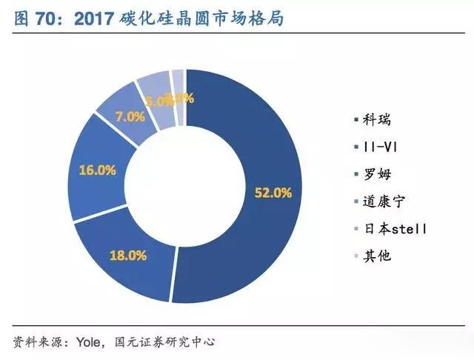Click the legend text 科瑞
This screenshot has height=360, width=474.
pyautogui.click(x=377, y=120)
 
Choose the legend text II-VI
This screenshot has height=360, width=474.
pyautogui.click(x=381, y=147)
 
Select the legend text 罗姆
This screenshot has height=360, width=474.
pyautogui.click(x=377, y=175)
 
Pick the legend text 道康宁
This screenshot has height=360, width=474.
pyautogui.click(x=384, y=202)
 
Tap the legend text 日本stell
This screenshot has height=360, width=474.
pyautogui.click(x=395, y=229)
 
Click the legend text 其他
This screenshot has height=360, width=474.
pyautogui.click(x=377, y=256)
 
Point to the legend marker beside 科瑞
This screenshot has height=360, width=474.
pyautogui.click(x=353, y=120)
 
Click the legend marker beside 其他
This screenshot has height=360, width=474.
pyautogui.click(x=353, y=256)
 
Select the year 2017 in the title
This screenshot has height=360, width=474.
pyautogui.click(x=93, y=19)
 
